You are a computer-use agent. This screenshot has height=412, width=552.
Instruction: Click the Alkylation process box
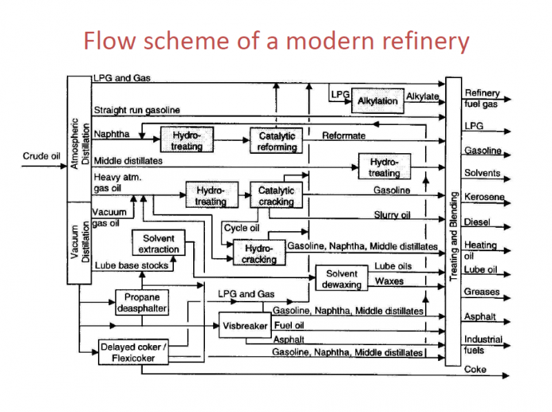(377, 101)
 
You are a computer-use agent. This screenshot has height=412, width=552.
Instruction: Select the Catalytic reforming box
(277, 141)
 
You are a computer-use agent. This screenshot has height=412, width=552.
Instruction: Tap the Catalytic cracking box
(276, 196)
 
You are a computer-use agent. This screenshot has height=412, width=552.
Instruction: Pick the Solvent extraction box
(159, 244)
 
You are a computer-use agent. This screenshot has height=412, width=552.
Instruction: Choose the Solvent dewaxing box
(342, 278)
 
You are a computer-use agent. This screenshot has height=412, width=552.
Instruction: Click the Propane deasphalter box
(141, 302)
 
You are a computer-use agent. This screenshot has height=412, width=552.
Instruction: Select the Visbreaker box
(245, 326)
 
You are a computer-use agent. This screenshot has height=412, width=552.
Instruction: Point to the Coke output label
(475, 369)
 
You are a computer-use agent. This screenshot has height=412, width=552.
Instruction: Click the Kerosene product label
(484, 197)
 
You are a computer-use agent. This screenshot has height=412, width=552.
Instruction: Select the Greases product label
(482, 292)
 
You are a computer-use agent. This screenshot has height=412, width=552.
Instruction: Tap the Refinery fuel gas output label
(481, 98)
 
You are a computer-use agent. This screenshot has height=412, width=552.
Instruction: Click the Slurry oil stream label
(392, 215)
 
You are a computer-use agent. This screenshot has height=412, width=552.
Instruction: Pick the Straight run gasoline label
(137, 110)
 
